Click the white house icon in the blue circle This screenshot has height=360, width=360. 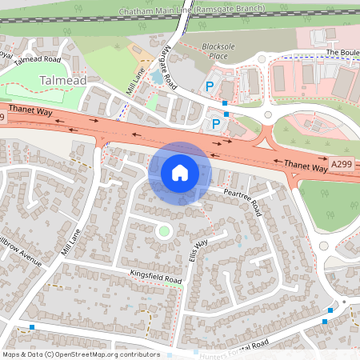pyautogui.click(x=180, y=172)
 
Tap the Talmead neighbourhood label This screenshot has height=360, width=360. pyautogui.click(x=62, y=80)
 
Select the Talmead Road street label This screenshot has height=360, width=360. pyautogui.click(x=42, y=60)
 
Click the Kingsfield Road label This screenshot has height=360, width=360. pyautogui.click(x=156, y=278)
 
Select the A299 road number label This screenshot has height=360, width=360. pyautogui.click(x=342, y=165)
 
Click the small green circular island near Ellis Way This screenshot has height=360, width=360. pyautogui.click(x=164, y=232)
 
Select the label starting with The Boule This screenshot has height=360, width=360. pyautogui.click(x=342, y=52)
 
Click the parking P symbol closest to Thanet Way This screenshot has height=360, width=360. pyautogui.click(x=215, y=123)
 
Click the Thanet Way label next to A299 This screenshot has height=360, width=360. pyautogui.click(x=306, y=166)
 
